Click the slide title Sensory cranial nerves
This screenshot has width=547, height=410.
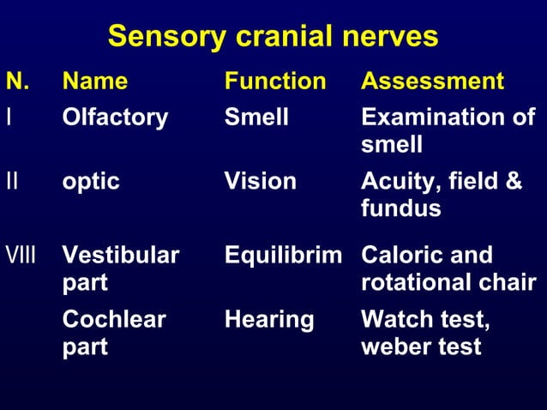click(273, 37)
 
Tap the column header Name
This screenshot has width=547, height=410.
click(95, 81)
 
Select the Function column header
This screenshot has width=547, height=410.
click(275, 81)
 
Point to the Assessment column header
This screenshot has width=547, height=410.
click(432, 81)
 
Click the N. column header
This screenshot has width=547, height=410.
click(17, 81)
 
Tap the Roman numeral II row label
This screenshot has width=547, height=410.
click(11, 181)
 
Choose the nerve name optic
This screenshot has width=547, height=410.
click(91, 182)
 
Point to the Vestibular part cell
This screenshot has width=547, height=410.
click(120, 268)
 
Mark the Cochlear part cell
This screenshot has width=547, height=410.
click(114, 333)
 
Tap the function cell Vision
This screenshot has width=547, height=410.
click(260, 181)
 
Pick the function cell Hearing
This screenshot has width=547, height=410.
click(268, 320)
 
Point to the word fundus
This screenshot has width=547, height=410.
click(400, 208)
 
